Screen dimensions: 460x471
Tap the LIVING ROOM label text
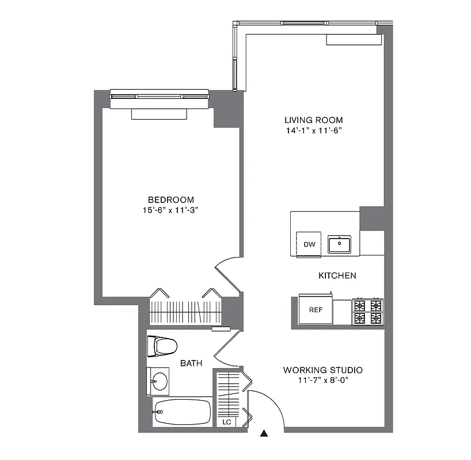pos(313,120)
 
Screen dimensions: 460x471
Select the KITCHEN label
pos(337,275)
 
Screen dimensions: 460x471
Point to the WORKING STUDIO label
pos(322,370)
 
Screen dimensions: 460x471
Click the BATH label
pos(191,363)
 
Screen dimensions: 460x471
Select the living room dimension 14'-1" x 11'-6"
pos(313,131)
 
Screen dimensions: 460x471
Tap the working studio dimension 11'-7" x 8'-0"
pos(322,380)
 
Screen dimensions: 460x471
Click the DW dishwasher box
pos(310,244)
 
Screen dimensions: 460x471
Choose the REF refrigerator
pos(316,310)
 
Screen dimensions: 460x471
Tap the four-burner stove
pos(368,311)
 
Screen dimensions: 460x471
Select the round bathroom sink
pos(158,381)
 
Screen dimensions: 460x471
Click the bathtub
pos(182,412)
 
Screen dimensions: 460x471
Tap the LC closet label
pos(227,422)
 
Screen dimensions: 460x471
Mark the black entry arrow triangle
pos(264,434)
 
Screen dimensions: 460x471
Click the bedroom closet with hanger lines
pos(185,311)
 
